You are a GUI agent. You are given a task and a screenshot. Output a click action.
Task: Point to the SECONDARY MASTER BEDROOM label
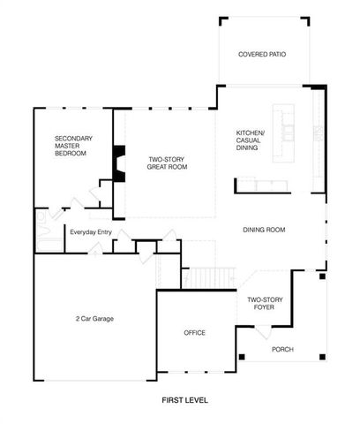tap(71, 145)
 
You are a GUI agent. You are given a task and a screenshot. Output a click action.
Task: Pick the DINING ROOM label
tap(264, 230)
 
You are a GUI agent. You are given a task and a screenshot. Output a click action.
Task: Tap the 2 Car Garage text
tap(95, 318)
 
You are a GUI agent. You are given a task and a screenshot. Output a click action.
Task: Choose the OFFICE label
tap(194, 333)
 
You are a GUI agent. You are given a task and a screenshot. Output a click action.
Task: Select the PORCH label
tap(282, 350)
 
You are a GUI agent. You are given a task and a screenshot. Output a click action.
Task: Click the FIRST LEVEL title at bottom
tap(184, 399)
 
